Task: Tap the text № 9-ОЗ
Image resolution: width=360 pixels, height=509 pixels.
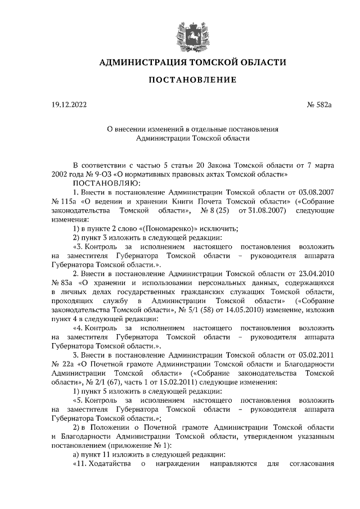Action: coord(97,174)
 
